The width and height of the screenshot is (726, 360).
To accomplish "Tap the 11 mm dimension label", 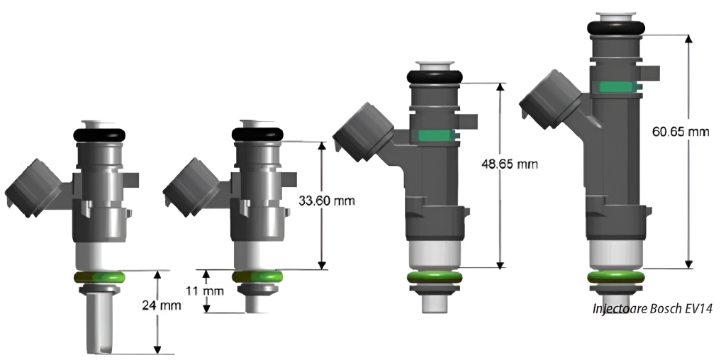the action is pyautogui.click(x=205, y=291).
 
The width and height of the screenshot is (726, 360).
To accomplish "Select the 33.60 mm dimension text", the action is pyautogui.click(x=327, y=201).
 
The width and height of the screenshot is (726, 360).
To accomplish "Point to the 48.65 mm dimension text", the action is pyautogui.click(x=510, y=164).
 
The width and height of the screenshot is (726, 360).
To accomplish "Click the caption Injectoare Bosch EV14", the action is pyautogui.click(x=652, y=309).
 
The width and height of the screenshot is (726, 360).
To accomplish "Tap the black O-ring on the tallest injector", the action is pyautogui.click(x=616, y=28).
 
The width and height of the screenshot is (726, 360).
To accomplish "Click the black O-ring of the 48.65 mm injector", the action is pyautogui.click(x=435, y=77).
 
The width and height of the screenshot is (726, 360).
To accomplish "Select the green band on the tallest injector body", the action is pyautogui.click(x=617, y=86).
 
